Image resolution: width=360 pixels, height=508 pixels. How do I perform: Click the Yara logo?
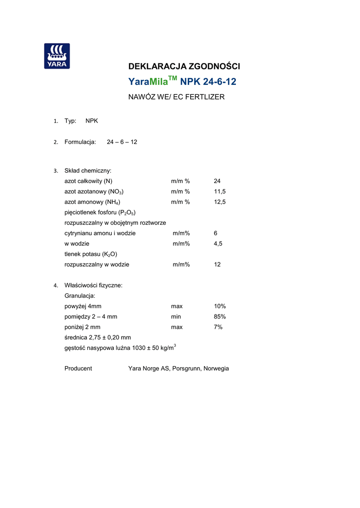(x=57, y=56)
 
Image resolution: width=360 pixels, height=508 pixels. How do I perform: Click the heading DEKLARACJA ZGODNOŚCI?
(x=184, y=66)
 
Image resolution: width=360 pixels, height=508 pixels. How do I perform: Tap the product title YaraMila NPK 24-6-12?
(x=182, y=82)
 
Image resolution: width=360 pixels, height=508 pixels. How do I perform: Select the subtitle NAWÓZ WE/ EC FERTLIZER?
(x=176, y=97)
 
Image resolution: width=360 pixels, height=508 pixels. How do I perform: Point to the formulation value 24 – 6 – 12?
(x=122, y=142)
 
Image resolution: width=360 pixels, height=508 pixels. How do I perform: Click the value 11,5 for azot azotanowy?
(x=219, y=191)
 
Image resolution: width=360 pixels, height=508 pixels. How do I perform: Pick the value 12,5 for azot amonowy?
(x=219, y=202)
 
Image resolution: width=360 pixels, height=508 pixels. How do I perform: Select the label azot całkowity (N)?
(x=88, y=181)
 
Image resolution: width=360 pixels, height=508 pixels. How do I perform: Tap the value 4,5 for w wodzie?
(x=218, y=244)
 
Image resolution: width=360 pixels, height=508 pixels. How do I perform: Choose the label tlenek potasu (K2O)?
(x=90, y=254)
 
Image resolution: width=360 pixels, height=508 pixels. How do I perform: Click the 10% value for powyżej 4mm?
(x=220, y=306)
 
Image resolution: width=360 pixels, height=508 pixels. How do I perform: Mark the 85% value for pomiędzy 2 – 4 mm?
(x=220, y=317)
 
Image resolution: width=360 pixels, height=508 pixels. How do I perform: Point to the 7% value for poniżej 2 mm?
(x=218, y=327)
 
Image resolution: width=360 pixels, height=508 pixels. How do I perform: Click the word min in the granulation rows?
(x=176, y=317)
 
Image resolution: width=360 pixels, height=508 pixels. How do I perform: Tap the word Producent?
(x=78, y=369)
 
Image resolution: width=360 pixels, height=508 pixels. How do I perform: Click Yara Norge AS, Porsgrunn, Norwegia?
(x=178, y=369)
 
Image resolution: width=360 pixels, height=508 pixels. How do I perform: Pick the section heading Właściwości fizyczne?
(x=93, y=285)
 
